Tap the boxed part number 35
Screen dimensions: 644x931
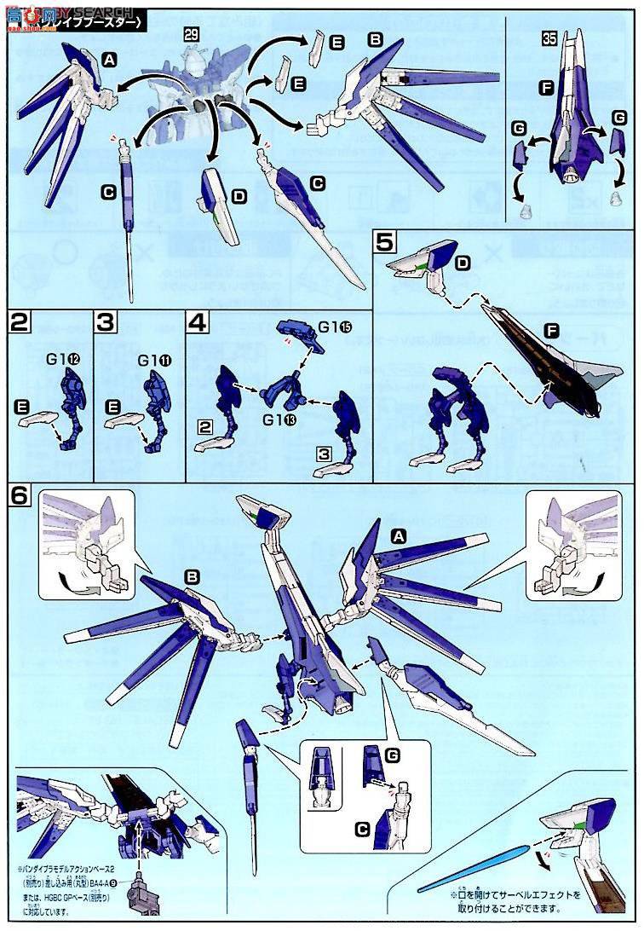pos(551,38)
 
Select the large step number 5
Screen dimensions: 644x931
pos(385,243)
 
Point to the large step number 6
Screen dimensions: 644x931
pos(22,496)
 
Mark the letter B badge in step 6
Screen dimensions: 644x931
pos(193,577)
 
